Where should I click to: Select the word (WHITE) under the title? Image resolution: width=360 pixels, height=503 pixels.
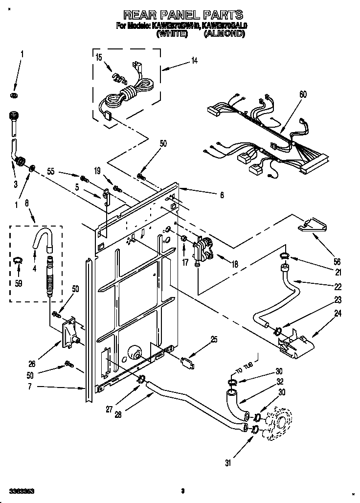coord(172,35)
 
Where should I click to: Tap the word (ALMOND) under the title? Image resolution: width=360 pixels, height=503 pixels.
coord(224,35)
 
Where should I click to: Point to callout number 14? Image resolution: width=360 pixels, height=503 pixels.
coord(195,61)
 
